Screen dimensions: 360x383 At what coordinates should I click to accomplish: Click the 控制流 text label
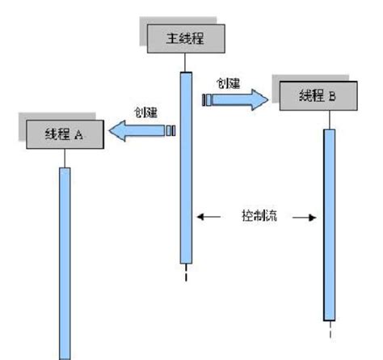258,217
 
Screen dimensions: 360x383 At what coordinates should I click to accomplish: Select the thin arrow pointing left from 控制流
208,217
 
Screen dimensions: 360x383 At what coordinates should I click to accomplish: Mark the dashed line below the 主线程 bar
186,273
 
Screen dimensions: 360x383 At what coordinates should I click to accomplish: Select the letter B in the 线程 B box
332,97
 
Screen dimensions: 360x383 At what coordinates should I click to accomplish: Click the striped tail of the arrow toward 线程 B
208,99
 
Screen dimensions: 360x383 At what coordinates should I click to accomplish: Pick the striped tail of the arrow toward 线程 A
171,130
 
